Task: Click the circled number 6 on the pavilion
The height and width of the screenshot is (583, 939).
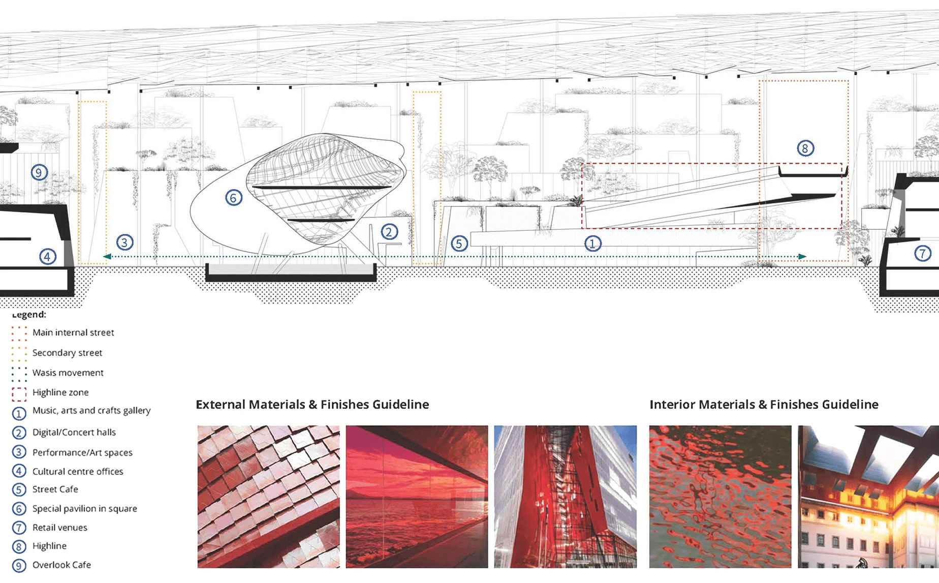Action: click(x=233, y=198)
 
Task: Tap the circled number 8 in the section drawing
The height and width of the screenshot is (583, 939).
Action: click(x=805, y=148)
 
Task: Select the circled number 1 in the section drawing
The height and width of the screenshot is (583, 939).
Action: click(x=592, y=244)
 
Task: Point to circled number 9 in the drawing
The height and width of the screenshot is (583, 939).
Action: click(x=39, y=173)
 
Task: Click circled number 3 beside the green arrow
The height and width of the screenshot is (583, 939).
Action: click(x=124, y=242)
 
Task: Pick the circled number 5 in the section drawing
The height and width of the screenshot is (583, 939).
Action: click(x=459, y=244)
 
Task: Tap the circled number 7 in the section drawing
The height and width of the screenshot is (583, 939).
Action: click(x=922, y=253)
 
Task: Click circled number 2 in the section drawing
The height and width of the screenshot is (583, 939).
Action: click(x=389, y=232)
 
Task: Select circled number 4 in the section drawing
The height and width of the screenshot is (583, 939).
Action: click(x=48, y=257)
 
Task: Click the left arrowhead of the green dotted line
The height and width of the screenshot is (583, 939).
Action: click(x=107, y=257)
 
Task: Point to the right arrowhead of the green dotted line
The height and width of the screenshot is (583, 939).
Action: click(x=802, y=257)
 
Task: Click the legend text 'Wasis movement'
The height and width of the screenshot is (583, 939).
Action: click(x=68, y=373)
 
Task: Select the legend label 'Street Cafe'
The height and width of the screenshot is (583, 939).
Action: click(x=55, y=489)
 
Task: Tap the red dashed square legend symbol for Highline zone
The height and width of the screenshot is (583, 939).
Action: click(x=19, y=394)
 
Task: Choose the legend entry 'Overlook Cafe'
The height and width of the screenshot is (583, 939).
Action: click(x=61, y=565)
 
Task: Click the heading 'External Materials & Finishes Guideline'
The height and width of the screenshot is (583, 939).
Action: click(x=312, y=405)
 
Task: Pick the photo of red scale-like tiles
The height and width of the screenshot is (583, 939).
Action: click(x=268, y=497)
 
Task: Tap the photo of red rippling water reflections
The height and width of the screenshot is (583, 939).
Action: click(x=720, y=497)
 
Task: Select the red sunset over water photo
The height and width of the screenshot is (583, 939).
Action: click(x=417, y=497)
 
